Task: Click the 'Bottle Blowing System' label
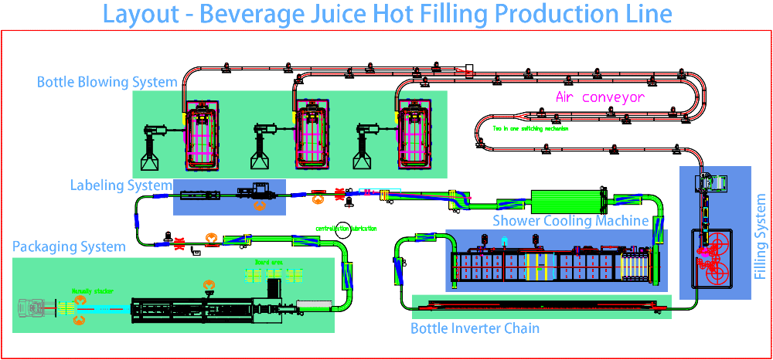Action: point(107,82)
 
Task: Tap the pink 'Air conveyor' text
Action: point(600,97)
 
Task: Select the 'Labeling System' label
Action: point(121,185)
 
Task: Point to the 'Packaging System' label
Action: point(69,247)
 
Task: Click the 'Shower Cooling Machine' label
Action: point(570,221)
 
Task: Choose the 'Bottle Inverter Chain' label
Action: point(475,328)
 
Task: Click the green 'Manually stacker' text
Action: point(87,290)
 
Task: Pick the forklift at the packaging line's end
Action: point(34,309)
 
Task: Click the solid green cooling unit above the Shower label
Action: point(566,202)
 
